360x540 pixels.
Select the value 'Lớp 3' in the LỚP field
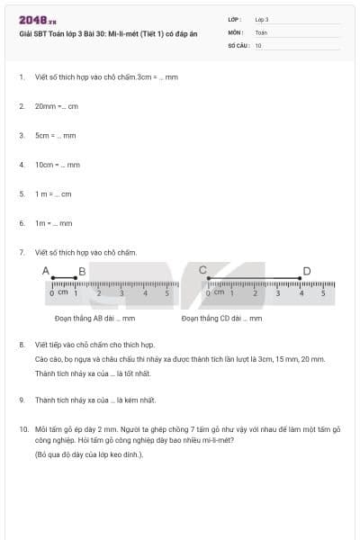262,19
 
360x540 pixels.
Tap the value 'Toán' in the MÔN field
261,31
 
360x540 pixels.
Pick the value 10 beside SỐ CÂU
258,44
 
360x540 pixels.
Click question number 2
21,106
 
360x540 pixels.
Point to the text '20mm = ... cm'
57,106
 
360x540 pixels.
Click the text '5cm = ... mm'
56,135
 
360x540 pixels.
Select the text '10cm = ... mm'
58,165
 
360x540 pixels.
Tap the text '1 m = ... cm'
53,193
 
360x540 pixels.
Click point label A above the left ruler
46,270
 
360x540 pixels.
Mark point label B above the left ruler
82,271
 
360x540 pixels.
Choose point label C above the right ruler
202,270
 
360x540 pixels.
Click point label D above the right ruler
307,271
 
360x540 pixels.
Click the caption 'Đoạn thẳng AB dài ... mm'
94,318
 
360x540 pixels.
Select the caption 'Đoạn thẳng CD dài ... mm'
221,318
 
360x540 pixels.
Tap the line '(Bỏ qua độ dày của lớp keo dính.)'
89,454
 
